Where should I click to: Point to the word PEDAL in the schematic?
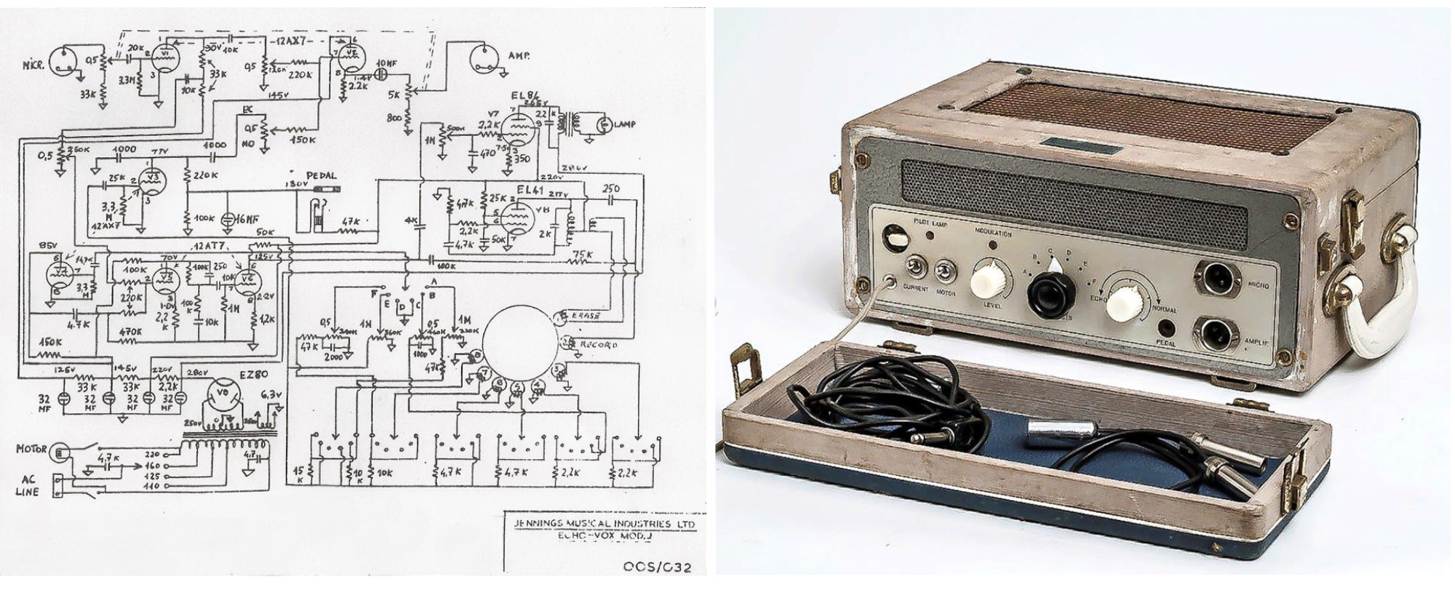[320, 175]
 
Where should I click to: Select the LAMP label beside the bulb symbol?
[623, 125]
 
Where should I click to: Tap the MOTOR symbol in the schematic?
[60, 451]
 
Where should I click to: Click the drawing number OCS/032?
[656, 567]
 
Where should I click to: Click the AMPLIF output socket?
[1217, 335]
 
